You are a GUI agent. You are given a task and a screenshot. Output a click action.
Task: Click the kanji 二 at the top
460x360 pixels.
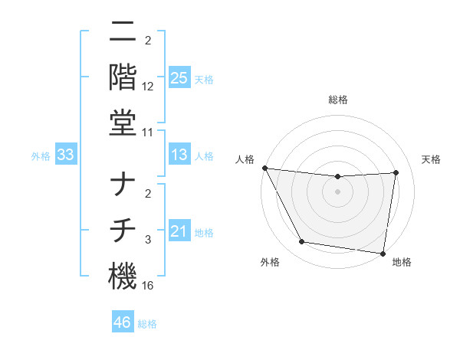[x=123, y=32]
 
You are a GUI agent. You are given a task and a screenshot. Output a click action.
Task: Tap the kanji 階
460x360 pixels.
[x=123, y=77]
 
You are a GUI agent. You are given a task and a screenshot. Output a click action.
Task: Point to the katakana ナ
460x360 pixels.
[x=123, y=185]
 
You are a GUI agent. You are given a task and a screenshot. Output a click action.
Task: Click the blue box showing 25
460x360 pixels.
[x=179, y=77]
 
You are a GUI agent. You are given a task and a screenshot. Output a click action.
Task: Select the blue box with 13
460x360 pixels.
[x=179, y=155]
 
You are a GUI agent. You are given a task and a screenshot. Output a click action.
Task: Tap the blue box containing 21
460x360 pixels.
[x=179, y=231]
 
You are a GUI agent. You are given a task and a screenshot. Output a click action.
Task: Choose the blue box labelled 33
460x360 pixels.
[x=65, y=155]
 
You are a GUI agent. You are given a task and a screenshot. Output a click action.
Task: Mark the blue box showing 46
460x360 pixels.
[x=123, y=322]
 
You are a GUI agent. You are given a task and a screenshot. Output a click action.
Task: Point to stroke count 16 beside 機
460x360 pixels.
[x=148, y=286]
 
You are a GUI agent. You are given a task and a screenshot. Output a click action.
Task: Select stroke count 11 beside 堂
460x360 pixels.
[x=148, y=133]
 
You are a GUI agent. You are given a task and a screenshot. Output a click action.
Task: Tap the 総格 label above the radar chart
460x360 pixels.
[x=337, y=100]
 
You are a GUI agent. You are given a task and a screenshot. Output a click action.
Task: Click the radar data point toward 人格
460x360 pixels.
[x=264, y=168]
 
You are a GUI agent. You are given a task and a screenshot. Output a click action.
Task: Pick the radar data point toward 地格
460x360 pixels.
[x=383, y=253]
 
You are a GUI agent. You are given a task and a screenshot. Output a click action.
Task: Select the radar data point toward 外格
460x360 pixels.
[x=301, y=243]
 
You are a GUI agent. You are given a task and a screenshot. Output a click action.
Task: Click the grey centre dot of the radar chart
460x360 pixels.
[x=337, y=192]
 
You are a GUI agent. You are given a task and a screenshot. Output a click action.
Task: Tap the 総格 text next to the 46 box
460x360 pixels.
[x=147, y=324]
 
